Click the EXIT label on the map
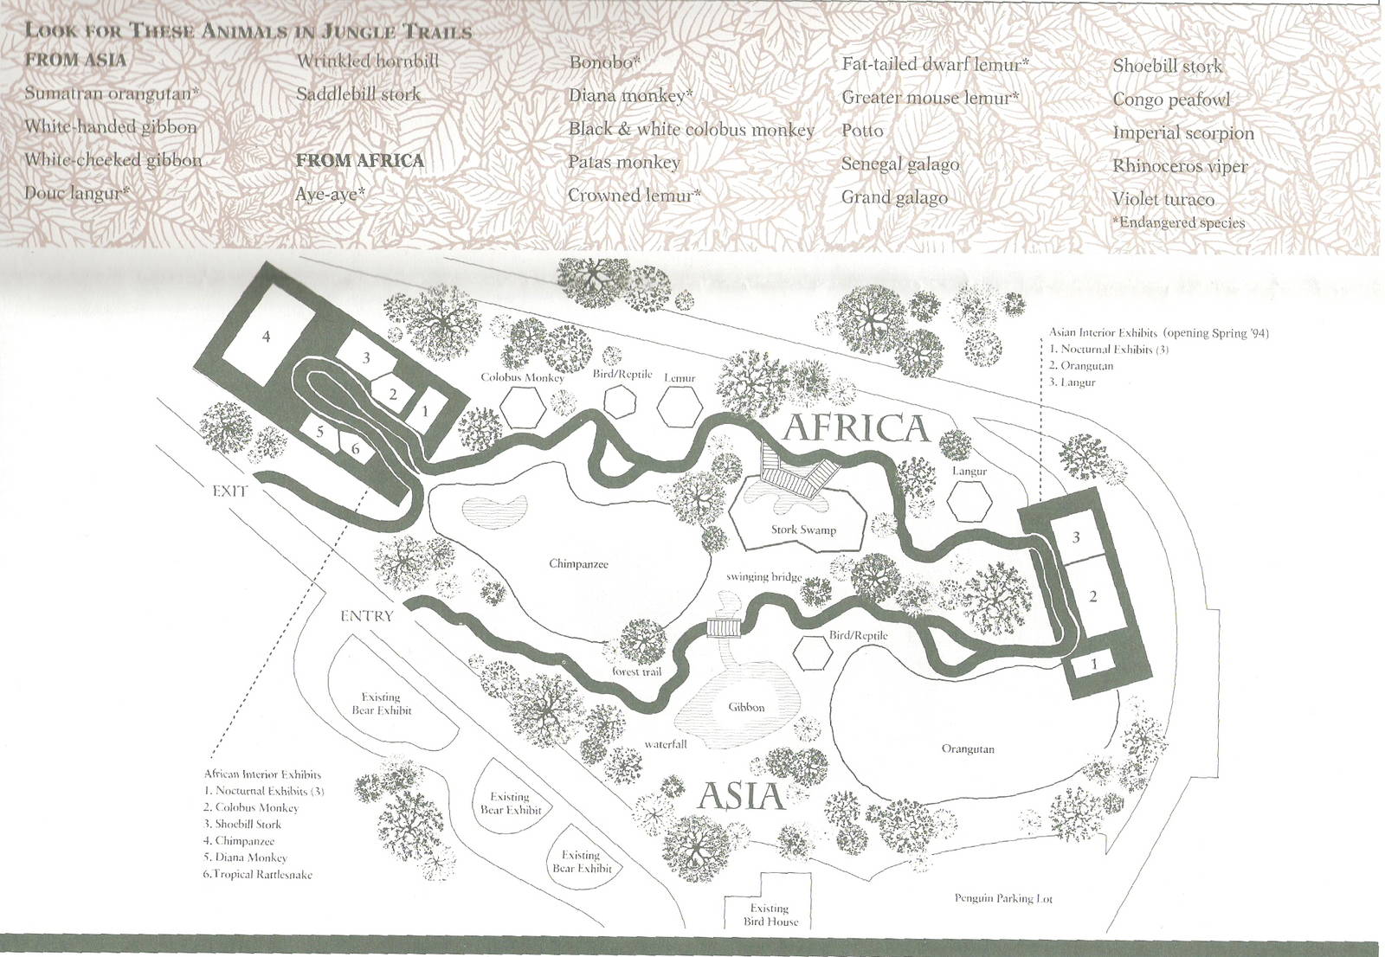click(x=230, y=491)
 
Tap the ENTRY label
click(x=366, y=616)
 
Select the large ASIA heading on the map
click(x=741, y=794)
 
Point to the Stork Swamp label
click(x=803, y=530)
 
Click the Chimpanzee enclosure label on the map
click(x=578, y=564)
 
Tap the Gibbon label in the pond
click(x=746, y=707)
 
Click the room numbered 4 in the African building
click(x=266, y=336)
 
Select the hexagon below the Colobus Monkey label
click(x=523, y=405)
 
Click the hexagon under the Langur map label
click(x=969, y=499)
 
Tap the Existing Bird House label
click(x=770, y=915)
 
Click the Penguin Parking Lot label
click(x=1004, y=898)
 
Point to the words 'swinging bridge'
click(x=764, y=577)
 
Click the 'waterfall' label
click(x=665, y=743)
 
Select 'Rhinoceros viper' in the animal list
click(x=1180, y=166)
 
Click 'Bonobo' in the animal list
click(x=603, y=62)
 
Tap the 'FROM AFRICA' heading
click(x=359, y=161)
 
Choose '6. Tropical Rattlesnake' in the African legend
click(x=258, y=874)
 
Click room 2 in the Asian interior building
click(x=1092, y=596)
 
